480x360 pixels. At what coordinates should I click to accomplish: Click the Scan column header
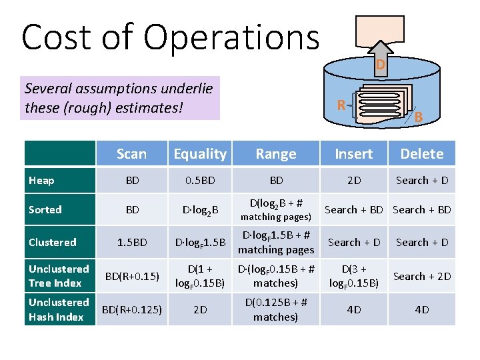[x=131, y=154]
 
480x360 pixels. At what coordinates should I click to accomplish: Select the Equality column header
[x=200, y=154]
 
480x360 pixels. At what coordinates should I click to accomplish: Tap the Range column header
[x=276, y=154]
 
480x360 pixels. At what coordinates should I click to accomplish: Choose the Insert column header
[x=353, y=154]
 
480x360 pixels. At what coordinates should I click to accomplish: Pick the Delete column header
[x=421, y=154]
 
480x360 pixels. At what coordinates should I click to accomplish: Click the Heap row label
[x=42, y=180]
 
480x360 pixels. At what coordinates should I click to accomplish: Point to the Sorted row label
[x=45, y=209]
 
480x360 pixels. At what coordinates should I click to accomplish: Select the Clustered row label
[x=53, y=242]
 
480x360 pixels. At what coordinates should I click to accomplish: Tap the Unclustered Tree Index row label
[x=59, y=276]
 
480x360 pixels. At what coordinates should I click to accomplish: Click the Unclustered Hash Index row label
[x=59, y=309]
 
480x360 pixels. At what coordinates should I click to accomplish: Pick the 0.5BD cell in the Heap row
[x=200, y=180]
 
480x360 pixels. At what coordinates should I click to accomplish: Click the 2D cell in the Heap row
[x=353, y=180]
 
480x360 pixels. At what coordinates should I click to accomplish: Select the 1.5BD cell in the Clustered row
[x=132, y=242]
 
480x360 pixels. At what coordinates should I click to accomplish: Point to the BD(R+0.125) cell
[x=132, y=309]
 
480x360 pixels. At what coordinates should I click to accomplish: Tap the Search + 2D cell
[x=421, y=276]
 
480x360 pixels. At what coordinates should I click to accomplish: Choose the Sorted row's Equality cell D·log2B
[x=200, y=210]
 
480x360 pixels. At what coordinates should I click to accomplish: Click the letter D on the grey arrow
[x=379, y=65]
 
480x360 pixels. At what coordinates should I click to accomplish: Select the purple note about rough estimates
[x=120, y=97]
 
